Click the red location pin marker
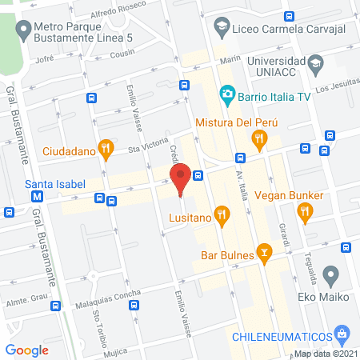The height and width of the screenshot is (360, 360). (180, 178)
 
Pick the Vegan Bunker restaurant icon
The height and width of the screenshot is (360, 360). (304, 212)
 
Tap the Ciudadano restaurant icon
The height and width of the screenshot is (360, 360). (106, 148)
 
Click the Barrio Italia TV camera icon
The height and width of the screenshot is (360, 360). (227, 94)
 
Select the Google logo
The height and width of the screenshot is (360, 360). (26, 350)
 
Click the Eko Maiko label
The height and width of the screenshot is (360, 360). (329, 297)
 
